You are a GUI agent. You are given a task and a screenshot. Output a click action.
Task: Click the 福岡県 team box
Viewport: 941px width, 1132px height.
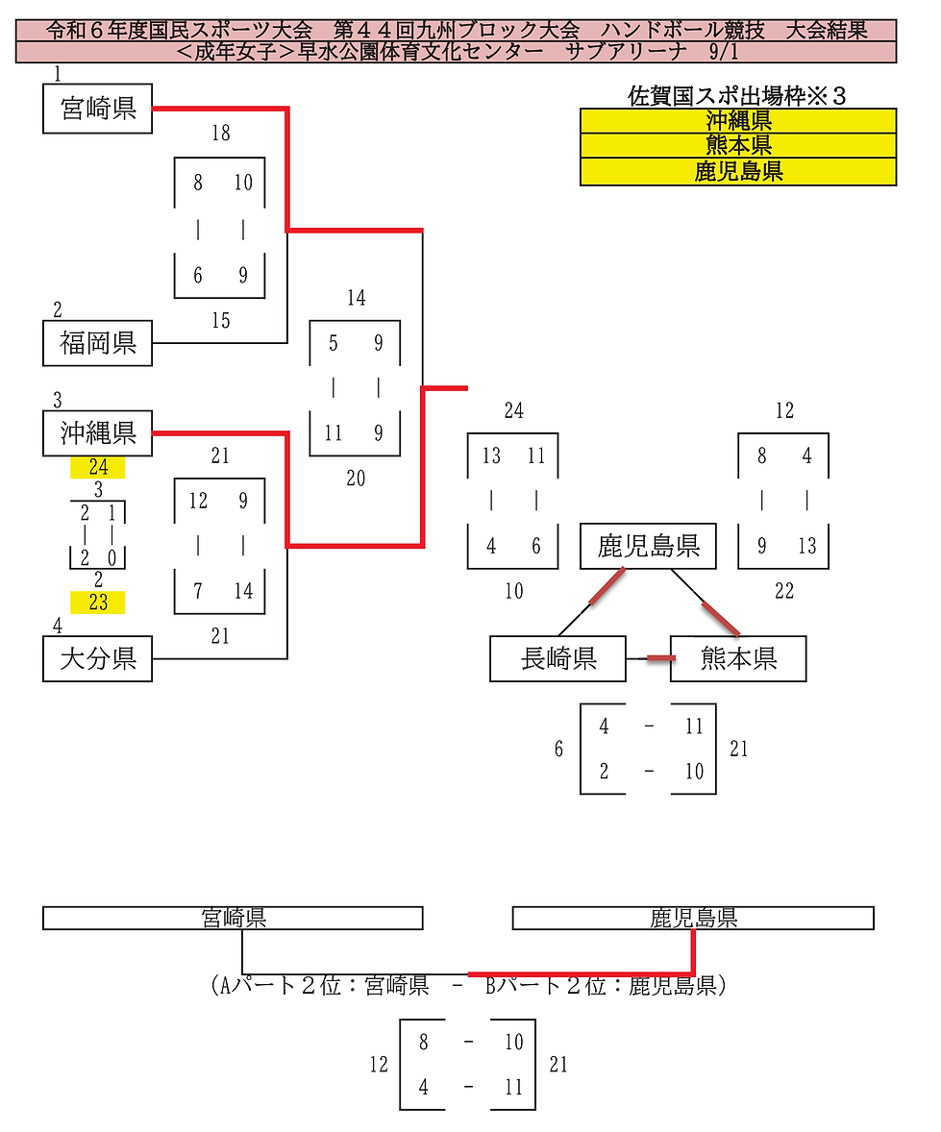(98, 343)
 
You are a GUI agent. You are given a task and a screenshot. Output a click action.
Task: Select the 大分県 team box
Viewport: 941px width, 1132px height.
(98, 658)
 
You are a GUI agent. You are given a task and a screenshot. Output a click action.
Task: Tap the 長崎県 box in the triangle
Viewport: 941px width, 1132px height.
(558, 658)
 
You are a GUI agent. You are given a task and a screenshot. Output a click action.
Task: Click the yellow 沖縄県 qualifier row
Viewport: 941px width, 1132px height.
(738, 120)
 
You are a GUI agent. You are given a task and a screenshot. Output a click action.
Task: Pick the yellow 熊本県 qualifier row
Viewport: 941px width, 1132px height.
(738, 146)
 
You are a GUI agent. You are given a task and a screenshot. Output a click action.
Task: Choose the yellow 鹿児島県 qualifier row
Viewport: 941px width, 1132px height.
(738, 172)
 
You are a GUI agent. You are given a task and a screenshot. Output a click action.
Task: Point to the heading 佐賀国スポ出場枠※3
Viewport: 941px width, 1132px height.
(738, 95)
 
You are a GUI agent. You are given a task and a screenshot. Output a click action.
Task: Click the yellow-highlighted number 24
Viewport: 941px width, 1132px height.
(98, 468)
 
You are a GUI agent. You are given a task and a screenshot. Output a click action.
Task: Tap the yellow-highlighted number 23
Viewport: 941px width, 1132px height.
(98, 603)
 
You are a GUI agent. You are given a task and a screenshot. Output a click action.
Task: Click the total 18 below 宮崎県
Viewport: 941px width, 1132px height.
(221, 133)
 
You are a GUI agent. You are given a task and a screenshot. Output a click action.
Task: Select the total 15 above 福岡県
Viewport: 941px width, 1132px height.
(221, 320)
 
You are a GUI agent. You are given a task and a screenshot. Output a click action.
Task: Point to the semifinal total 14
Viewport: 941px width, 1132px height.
(356, 298)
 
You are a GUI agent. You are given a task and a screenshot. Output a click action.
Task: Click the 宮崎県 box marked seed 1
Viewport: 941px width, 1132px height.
(98, 108)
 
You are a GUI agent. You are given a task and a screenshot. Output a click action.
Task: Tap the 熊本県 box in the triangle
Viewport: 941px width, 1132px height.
(738, 658)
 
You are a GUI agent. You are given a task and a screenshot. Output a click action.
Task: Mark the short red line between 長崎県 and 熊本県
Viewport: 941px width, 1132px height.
(659, 658)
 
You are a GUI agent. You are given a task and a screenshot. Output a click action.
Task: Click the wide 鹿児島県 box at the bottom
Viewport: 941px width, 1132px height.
(693, 919)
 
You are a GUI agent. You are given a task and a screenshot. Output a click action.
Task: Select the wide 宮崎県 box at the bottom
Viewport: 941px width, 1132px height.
(233, 919)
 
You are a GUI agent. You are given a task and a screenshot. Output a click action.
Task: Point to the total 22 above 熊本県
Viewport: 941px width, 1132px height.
(784, 591)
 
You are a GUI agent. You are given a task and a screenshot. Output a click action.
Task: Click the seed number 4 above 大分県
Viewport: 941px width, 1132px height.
(58, 627)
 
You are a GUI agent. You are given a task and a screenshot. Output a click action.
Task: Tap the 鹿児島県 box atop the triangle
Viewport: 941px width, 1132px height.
(649, 547)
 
